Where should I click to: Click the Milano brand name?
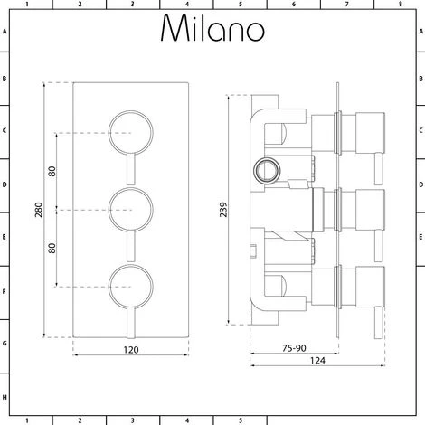coord(212,30)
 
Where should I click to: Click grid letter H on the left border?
coord(5,398)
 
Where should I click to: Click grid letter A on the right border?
coord(420,29)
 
